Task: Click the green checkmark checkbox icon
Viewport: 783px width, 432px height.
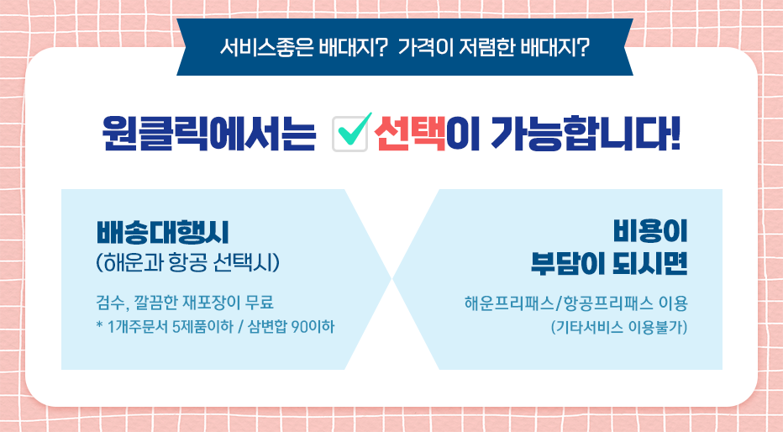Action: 351,132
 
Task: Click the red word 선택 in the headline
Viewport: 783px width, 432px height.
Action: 409,134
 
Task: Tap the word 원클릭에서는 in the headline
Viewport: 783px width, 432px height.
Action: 208,134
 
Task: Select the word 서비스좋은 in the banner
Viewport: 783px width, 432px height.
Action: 266,48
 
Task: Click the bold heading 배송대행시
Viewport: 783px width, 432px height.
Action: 162,233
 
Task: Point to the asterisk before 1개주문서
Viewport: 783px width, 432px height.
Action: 99,325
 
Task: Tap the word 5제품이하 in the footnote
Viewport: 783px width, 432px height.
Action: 202,327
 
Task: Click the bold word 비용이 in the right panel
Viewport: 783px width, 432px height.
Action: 650,231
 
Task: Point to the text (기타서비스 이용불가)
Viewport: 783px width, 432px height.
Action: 619,328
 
